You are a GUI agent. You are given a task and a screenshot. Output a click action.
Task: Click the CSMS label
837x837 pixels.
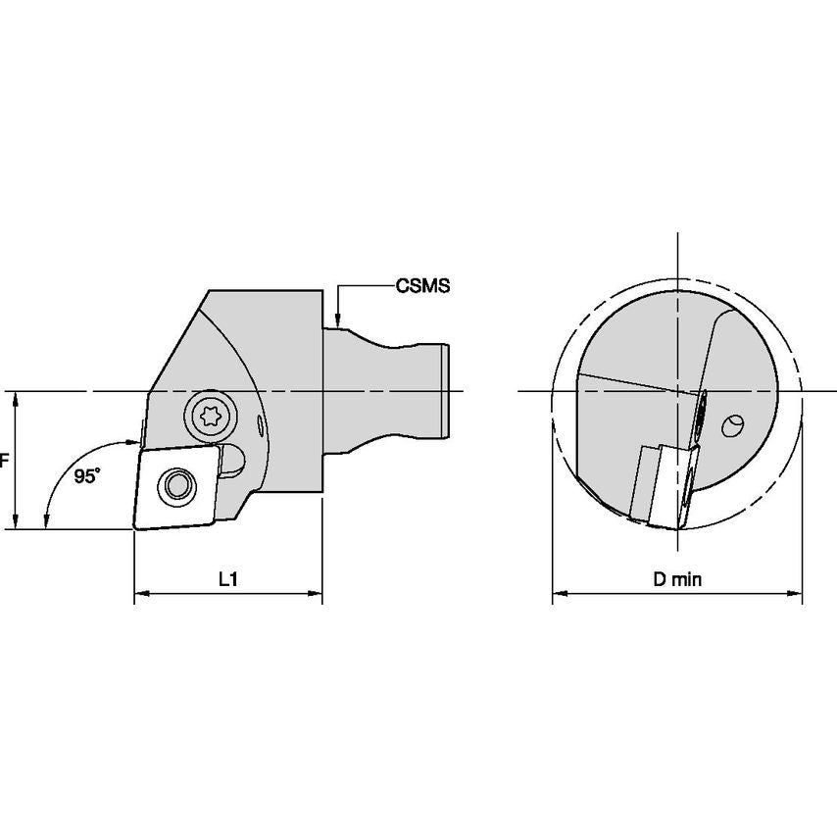[422, 286]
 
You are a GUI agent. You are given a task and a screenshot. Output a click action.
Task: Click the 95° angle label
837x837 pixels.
[87, 476]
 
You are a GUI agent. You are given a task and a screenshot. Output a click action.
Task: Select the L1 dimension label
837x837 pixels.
[228, 579]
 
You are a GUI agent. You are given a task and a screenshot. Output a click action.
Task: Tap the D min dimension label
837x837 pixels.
[677, 579]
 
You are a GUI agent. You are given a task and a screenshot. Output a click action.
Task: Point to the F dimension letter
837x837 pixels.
[4, 460]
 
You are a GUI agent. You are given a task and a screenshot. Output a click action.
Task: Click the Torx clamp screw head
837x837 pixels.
[210, 416]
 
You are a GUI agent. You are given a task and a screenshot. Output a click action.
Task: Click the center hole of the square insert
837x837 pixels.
[176, 485]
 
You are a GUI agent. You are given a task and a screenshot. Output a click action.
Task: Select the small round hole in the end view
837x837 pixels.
[732, 426]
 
